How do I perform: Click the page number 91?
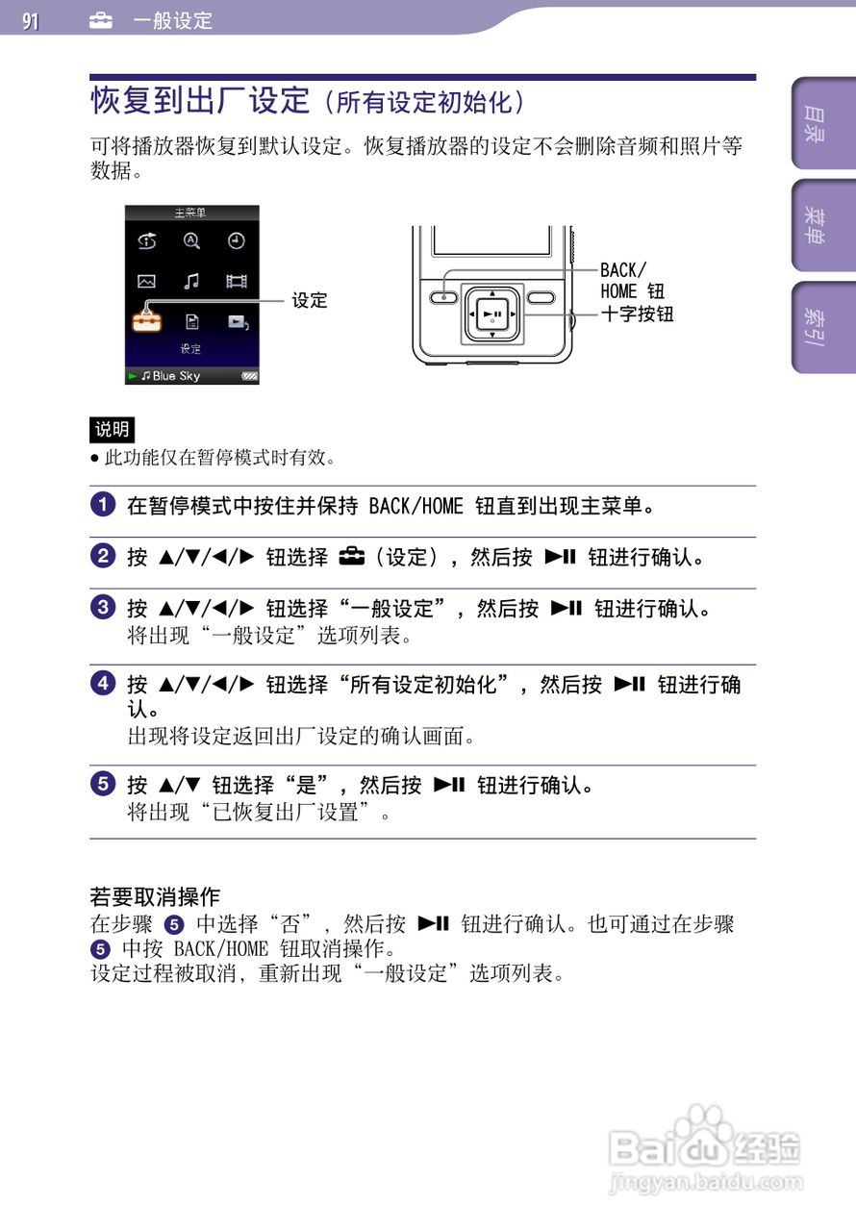31,20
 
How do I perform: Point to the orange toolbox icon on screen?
147,320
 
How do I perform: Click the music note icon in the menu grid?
191,281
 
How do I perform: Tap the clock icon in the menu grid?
237,241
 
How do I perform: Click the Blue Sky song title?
176,376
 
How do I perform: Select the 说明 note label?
112,429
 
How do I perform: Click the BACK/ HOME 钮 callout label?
632,281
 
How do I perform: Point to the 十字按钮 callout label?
637,314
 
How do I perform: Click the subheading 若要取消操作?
155,897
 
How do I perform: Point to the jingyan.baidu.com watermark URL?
706,1183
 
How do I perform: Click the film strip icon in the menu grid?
237,281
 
